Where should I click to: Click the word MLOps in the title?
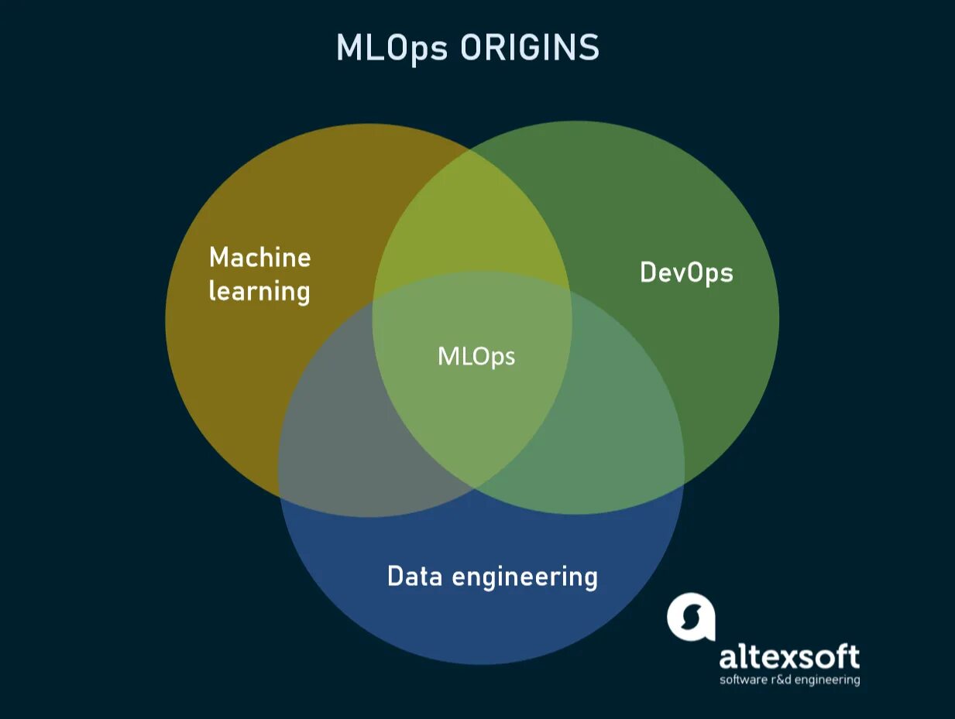[x=393, y=48]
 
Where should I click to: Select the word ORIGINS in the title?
[x=530, y=48]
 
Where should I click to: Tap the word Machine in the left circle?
[x=259, y=257]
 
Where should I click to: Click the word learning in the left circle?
[x=259, y=293]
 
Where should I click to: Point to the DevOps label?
[x=686, y=272]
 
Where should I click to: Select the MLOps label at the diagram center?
[x=476, y=356]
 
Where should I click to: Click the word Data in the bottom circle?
[x=414, y=577]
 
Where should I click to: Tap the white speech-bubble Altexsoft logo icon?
[x=690, y=617]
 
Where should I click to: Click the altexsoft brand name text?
[x=789, y=657]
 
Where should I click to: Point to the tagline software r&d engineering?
[x=789, y=680]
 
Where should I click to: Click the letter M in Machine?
[x=220, y=257]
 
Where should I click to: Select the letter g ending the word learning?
[x=301, y=294]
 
